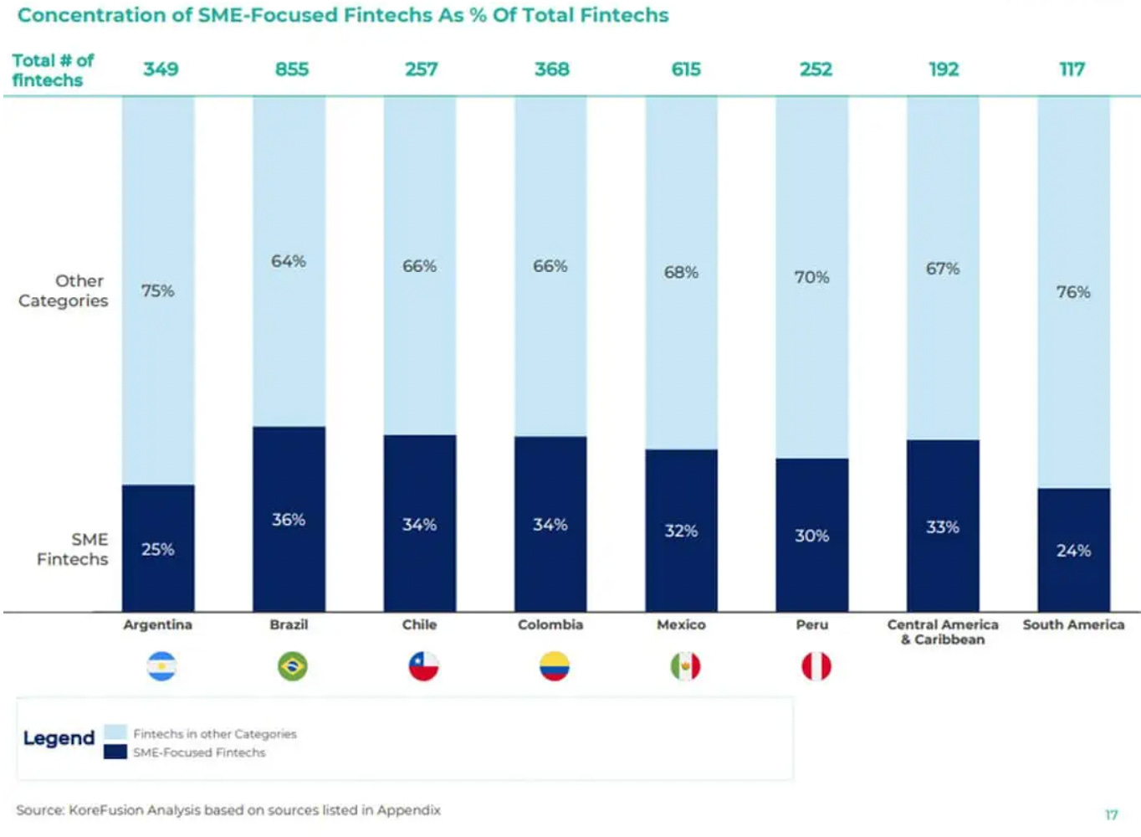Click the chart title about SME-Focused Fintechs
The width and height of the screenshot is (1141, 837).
(343, 15)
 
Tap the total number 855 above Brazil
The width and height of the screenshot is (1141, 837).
(292, 69)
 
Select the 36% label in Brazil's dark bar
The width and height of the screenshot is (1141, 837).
(289, 520)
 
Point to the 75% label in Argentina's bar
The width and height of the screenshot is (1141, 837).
(158, 290)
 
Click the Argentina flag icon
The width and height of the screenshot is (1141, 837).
(161, 666)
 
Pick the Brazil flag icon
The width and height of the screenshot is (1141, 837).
(292, 666)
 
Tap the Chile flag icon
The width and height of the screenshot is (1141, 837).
(423, 666)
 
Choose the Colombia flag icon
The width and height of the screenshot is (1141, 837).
(554, 666)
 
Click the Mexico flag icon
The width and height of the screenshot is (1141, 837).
(685, 666)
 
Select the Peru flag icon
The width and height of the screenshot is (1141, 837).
(816, 666)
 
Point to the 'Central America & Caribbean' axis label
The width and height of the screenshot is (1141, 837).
(943, 632)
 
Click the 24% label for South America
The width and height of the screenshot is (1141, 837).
(1073, 551)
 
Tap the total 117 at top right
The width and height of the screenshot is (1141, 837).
(1072, 69)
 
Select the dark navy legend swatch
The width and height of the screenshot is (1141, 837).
(115, 752)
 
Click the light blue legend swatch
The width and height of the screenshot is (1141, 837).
(115, 732)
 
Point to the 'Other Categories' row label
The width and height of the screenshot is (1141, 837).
(64, 290)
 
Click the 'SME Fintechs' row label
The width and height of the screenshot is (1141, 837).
(73, 549)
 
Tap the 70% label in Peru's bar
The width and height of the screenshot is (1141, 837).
(811, 277)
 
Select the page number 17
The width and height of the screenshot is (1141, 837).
(1111, 814)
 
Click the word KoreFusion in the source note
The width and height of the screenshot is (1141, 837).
(106, 810)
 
